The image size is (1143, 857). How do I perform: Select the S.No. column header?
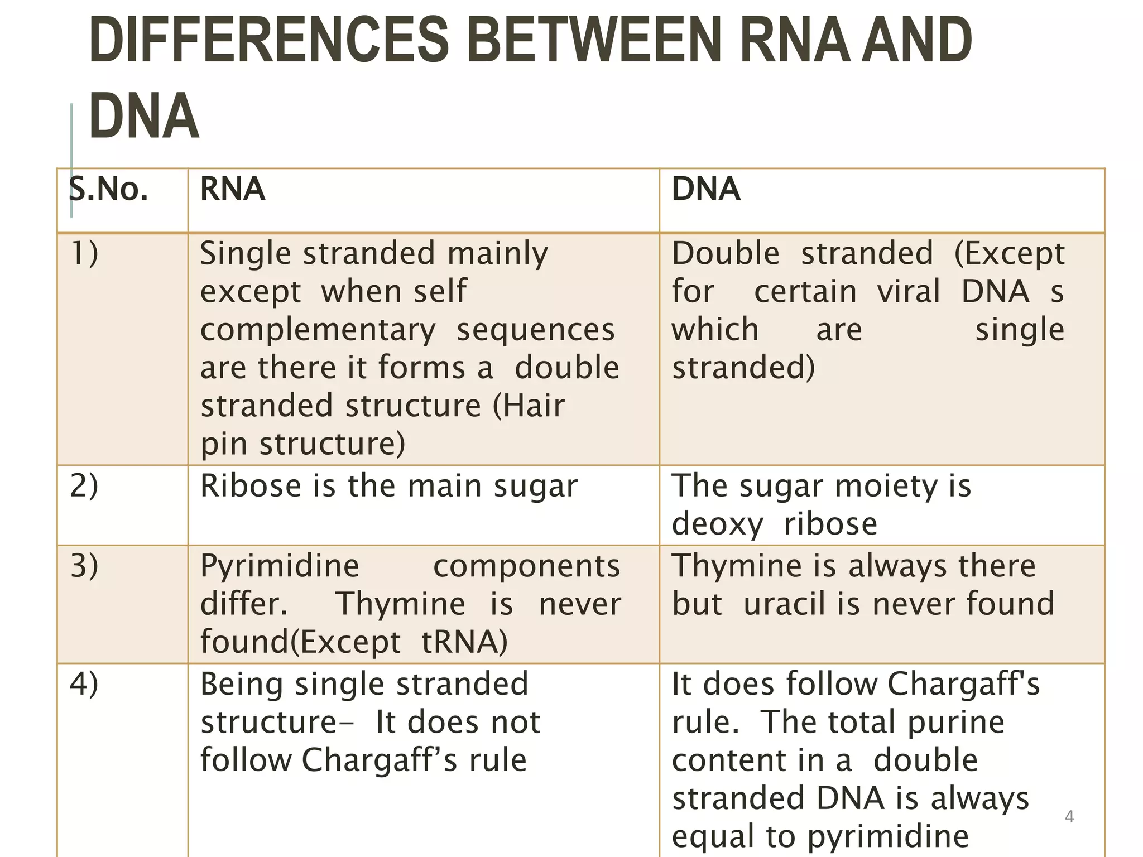pyautogui.click(x=108, y=189)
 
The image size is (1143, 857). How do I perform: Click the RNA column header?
pyautogui.click(x=232, y=189)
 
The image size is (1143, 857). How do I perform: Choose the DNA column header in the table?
pyautogui.click(x=705, y=189)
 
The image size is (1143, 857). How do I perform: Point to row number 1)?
pyautogui.click(x=84, y=253)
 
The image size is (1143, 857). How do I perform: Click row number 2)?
pyautogui.click(x=84, y=485)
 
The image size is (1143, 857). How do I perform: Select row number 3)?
pyautogui.click(x=84, y=565)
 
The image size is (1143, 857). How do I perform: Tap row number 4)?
pyautogui.click(x=84, y=683)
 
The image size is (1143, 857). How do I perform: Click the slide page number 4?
pyautogui.click(x=1069, y=816)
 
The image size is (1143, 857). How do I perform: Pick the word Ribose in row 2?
pyautogui.click(x=251, y=485)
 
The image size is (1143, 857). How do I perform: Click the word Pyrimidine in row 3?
pyautogui.click(x=280, y=566)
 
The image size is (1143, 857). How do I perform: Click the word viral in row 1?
pyautogui.click(x=909, y=291)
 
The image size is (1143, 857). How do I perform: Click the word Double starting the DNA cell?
pyautogui.click(x=726, y=253)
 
